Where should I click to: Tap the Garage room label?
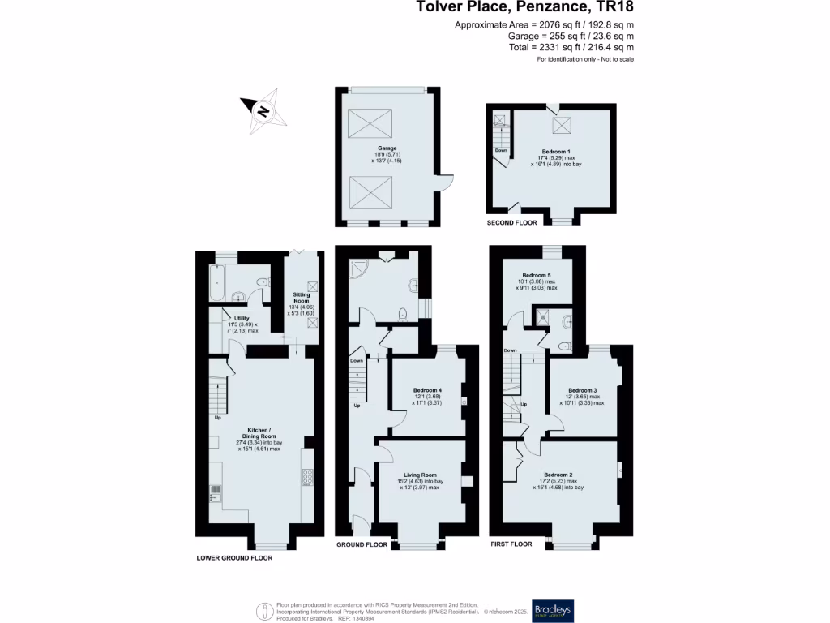tap(386, 148)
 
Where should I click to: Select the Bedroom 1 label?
tap(556, 152)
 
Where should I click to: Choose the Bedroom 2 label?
tap(558, 475)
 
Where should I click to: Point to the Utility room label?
tap(242, 318)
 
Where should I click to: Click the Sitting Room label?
tap(301, 297)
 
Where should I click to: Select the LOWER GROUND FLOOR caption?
tap(234, 558)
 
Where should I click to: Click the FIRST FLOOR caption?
tap(511, 544)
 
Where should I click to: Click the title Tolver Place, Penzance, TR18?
tap(524, 8)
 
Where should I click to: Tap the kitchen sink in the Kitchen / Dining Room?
tap(216, 489)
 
